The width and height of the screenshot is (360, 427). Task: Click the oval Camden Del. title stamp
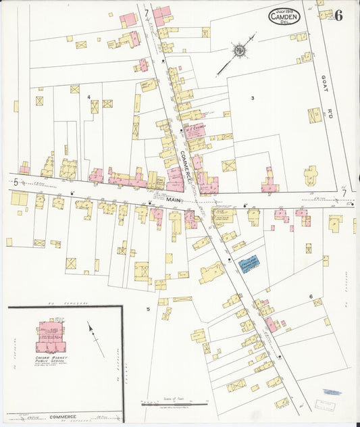pyautogui.click(x=284, y=17)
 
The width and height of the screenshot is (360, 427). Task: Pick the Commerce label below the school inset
pyautogui.click(x=61, y=418)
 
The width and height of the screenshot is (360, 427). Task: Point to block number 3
pyautogui.click(x=252, y=99)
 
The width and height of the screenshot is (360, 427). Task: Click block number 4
pyautogui.click(x=88, y=97)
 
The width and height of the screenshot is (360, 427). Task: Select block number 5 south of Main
pyautogui.click(x=147, y=309)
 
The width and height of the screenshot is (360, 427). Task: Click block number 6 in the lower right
pyautogui.click(x=311, y=297)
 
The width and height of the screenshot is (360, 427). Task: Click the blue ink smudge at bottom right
pyautogui.click(x=332, y=392)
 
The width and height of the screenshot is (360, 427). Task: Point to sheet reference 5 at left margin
pyautogui.click(x=15, y=182)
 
